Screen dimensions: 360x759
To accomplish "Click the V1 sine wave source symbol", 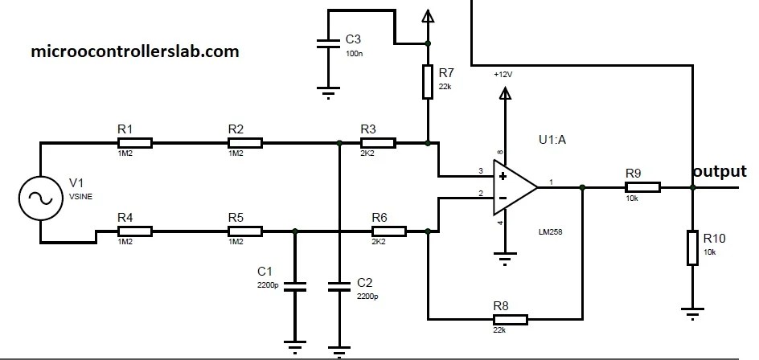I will [x=38, y=195].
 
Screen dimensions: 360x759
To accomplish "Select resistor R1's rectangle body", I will [x=136, y=144].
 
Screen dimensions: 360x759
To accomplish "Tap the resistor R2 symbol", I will [x=245, y=144].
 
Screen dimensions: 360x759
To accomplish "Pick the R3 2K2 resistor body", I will [x=378, y=144].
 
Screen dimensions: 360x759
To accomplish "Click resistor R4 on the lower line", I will [x=136, y=231].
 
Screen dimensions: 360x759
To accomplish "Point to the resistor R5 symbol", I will [x=245, y=231].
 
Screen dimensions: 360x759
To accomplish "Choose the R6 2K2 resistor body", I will [x=389, y=231].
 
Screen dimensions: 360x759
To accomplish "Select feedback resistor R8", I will [x=511, y=319].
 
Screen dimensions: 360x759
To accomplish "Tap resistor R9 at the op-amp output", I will [x=643, y=187].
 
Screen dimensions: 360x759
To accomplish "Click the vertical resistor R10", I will [x=691, y=247].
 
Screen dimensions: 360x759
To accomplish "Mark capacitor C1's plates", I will [x=295, y=287].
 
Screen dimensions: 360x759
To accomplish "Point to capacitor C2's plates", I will [x=340, y=287].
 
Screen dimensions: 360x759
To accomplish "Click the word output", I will [x=720, y=172].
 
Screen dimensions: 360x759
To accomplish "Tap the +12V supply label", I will [x=503, y=74].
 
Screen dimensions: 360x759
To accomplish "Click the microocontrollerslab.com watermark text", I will [x=134, y=51].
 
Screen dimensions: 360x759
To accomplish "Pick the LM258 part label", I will [x=551, y=231].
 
